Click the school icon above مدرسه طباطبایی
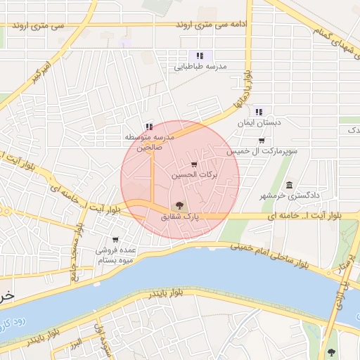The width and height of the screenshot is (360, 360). (200, 55)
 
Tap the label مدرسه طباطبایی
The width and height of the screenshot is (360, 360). (200, 66)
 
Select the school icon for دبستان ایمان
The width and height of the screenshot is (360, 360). (259, 111)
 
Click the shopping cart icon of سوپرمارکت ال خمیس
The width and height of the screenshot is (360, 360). (262, 141)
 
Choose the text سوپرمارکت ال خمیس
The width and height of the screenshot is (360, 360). (262, 151)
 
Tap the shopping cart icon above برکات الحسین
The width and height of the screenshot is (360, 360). (195, 165)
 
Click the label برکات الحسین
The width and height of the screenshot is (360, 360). (195, 174)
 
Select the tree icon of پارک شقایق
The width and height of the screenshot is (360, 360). (179, 205)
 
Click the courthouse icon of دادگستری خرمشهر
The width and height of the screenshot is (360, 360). (289, 184)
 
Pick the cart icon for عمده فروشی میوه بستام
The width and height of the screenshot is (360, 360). (115, 240)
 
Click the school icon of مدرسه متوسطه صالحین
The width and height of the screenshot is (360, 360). (148, 127)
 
